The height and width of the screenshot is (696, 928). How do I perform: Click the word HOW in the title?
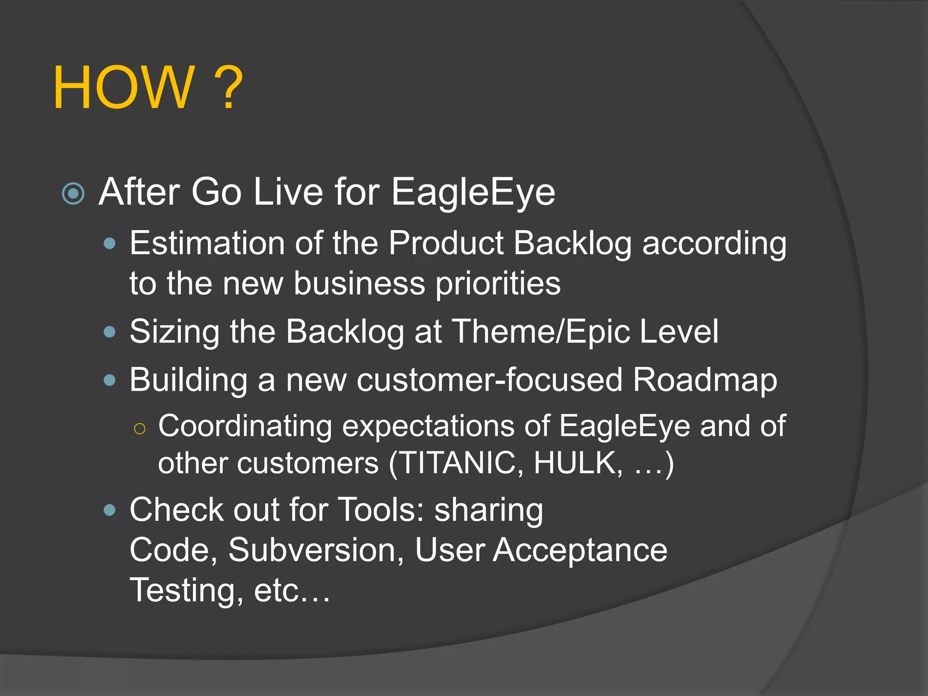point(124,87)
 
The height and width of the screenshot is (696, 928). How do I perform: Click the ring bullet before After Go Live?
point(73,193)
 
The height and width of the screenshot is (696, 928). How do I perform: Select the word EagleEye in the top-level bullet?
point(473,193)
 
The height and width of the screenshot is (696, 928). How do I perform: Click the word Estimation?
point(207,243)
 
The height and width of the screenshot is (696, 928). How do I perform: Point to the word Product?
point(446,243)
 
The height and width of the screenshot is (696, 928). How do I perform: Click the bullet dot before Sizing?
point(110,332)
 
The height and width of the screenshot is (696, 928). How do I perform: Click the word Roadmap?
point(705,381)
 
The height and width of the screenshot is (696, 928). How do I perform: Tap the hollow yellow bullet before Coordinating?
point(140,428)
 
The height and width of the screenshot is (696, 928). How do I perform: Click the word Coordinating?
point(245,427)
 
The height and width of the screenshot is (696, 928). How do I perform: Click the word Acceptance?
point(580,551)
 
